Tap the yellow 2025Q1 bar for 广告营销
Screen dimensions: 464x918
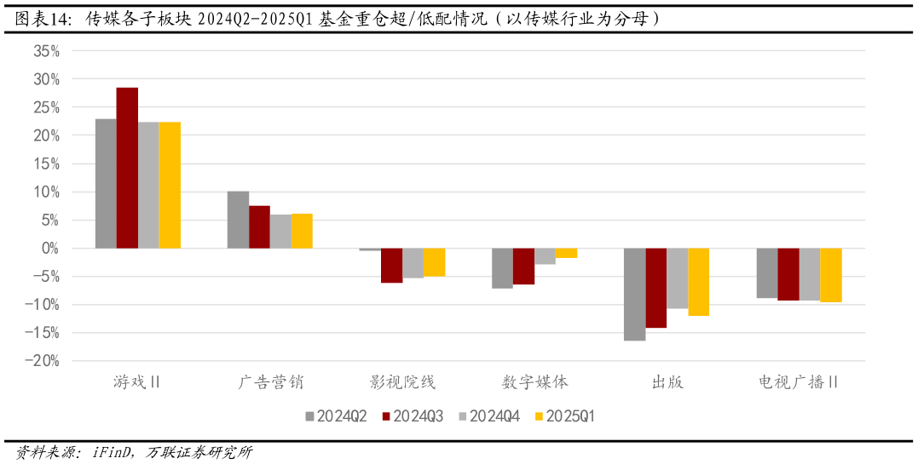click(302, 231)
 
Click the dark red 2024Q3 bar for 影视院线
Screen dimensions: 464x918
click(391, 266)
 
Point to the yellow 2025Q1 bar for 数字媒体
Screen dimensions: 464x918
click(567, 253)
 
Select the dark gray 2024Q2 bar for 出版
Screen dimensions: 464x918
click(634, 295)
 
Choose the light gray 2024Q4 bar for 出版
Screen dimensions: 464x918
click(678, 278)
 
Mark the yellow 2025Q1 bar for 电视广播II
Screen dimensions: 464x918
click(831, 275)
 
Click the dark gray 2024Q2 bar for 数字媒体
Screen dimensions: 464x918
click(502, 268)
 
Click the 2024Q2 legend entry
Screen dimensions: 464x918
click(336, 416)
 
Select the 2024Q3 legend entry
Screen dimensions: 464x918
click(413, 416)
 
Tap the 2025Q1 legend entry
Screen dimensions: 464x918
click(563, 416)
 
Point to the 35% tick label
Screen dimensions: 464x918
click(47, 51)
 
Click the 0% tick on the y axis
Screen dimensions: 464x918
click(50, 249)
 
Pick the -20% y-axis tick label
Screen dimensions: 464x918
click(43, 361)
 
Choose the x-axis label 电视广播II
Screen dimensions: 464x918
click(799, 382)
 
